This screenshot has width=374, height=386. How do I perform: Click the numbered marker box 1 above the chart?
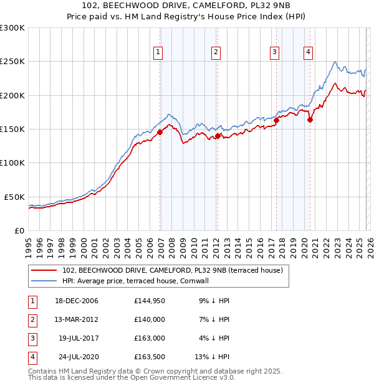pyautogui.click(x=158, y=52)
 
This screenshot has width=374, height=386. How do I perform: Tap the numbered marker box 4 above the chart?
pyautogui.click(x=308, y=52)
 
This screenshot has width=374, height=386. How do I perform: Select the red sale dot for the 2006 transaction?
pyautogui.click(x=160, y=132)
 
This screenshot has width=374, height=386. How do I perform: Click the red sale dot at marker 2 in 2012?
pyautogui.click(x=218, y=135)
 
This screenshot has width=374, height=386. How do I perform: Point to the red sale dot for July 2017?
pyautogui.click(x=276, y=120)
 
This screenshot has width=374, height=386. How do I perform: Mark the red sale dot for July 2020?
pyautogui.click(x=310, y=120)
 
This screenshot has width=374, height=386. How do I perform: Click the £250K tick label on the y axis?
pyautogui.click(x=12, y=62)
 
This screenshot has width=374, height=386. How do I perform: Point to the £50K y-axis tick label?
pyautogui.click(x=14, y=197)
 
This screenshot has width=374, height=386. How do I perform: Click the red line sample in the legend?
pyautogui.click(x=44, y=270)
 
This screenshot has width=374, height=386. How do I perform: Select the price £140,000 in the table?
pyautogui.click(x=150, y=319)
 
